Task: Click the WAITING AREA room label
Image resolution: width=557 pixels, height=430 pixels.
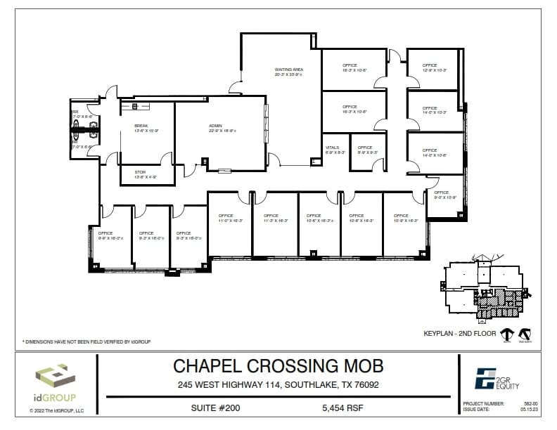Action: coord(288,70)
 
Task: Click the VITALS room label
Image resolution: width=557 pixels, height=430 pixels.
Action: coord(333,149)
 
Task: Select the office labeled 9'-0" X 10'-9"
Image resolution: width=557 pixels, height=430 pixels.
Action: coord(441,195)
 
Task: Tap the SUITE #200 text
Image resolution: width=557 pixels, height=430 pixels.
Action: coord(216,407)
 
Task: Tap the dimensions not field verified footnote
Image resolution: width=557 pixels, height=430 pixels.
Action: coord(87,341)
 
